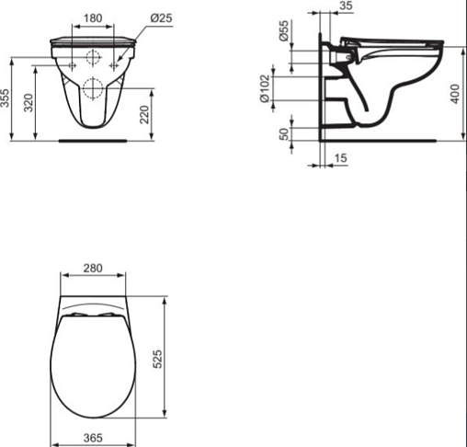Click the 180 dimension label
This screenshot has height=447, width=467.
pyautogui.click(x=93, y=18)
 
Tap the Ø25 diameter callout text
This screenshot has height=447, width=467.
pyautogui.click(x=161, y=18)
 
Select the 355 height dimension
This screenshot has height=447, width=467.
pyautogui.click(x=6, y=98)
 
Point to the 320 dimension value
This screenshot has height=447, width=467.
pyautogui.click(x=28, y=103)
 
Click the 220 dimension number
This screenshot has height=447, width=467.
pyautogui.click(x=144, y=114)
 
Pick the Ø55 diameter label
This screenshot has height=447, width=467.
pyautogui.click(x=284, y=30)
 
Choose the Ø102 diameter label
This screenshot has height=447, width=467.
pyautogui.click(x=265, y=88)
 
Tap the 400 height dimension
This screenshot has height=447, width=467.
pyautogui.click(x=456, y=94)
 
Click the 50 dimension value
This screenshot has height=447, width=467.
pyautogui.click(x=285, y=134)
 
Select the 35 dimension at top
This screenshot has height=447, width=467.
pyautogui.click(x=346, y=6)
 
